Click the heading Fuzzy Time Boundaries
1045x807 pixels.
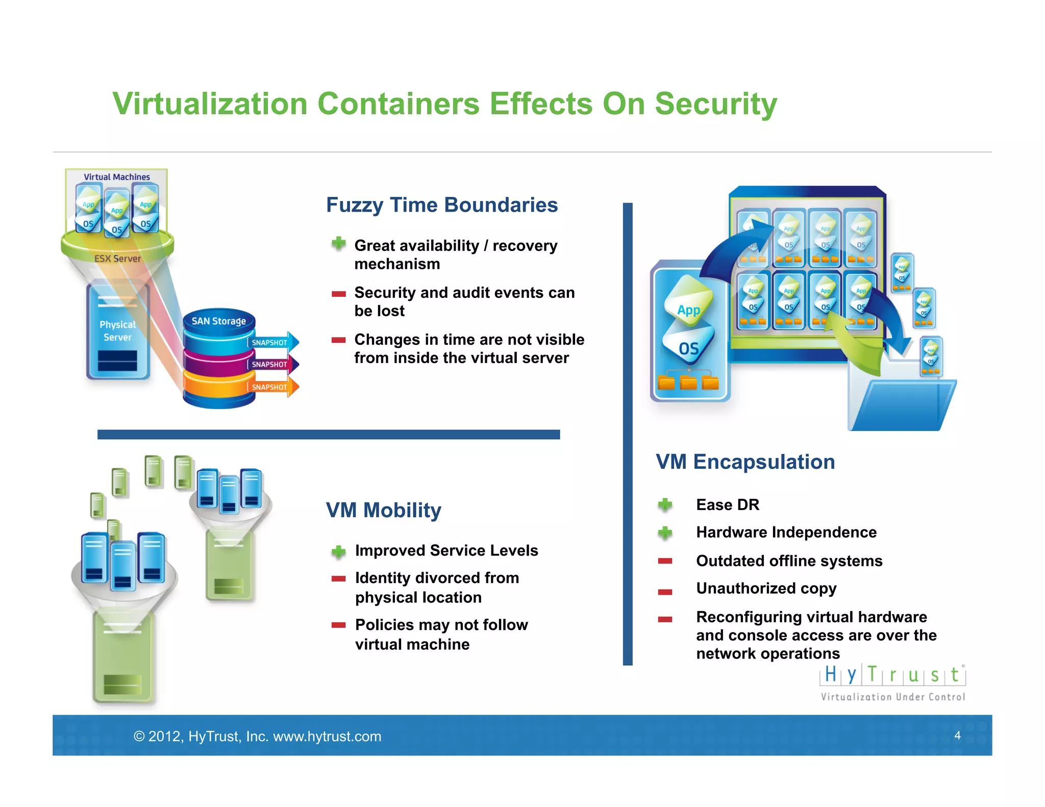[441, 205]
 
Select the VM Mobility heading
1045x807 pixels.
[383, 510]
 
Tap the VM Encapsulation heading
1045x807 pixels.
[745, 462]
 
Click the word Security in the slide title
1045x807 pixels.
[715, 104]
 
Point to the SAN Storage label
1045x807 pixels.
[218, 321]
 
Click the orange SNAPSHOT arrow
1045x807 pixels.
[273, 387]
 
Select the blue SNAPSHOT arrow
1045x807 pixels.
[273, 342]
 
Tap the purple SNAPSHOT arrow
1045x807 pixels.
[273, 364]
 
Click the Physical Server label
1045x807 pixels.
[117, 331]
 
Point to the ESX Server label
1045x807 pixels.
[117, 259]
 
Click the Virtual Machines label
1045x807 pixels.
[117, 177]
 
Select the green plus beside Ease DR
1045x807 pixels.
[665, 505]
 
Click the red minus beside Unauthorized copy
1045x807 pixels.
[665, 592]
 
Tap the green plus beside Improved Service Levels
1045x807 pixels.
[338, 551]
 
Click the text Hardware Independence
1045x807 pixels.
[786, 533]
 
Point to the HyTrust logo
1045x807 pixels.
[892, 682]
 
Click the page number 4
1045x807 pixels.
[957, 735]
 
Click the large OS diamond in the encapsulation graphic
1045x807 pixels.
[688, 348]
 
